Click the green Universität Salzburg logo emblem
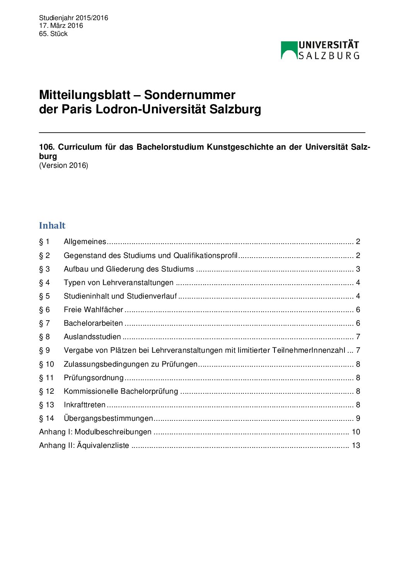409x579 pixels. point(289,50)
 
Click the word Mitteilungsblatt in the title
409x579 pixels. point(85,95)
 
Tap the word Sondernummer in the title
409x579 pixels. point(189,95)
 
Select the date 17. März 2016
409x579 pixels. point(61,26)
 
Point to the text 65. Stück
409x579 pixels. point(53,34)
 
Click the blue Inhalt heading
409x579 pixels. point(52,225)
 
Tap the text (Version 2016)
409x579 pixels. point(63,166)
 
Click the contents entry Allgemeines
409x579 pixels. point(85,242)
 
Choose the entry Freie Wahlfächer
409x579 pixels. point(93,309)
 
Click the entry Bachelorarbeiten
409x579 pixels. point(93,323)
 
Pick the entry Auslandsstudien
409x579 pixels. point(92,336)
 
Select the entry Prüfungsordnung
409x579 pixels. point(94,377)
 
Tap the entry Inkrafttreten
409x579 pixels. point(85,405)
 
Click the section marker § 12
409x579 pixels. point(46,391)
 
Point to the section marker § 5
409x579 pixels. point(44,296)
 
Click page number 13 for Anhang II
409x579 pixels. point(356,445)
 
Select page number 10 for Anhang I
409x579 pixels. point(356,432)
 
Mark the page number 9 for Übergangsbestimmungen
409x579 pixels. point(358,418)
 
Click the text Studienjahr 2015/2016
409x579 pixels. point(73,18)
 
